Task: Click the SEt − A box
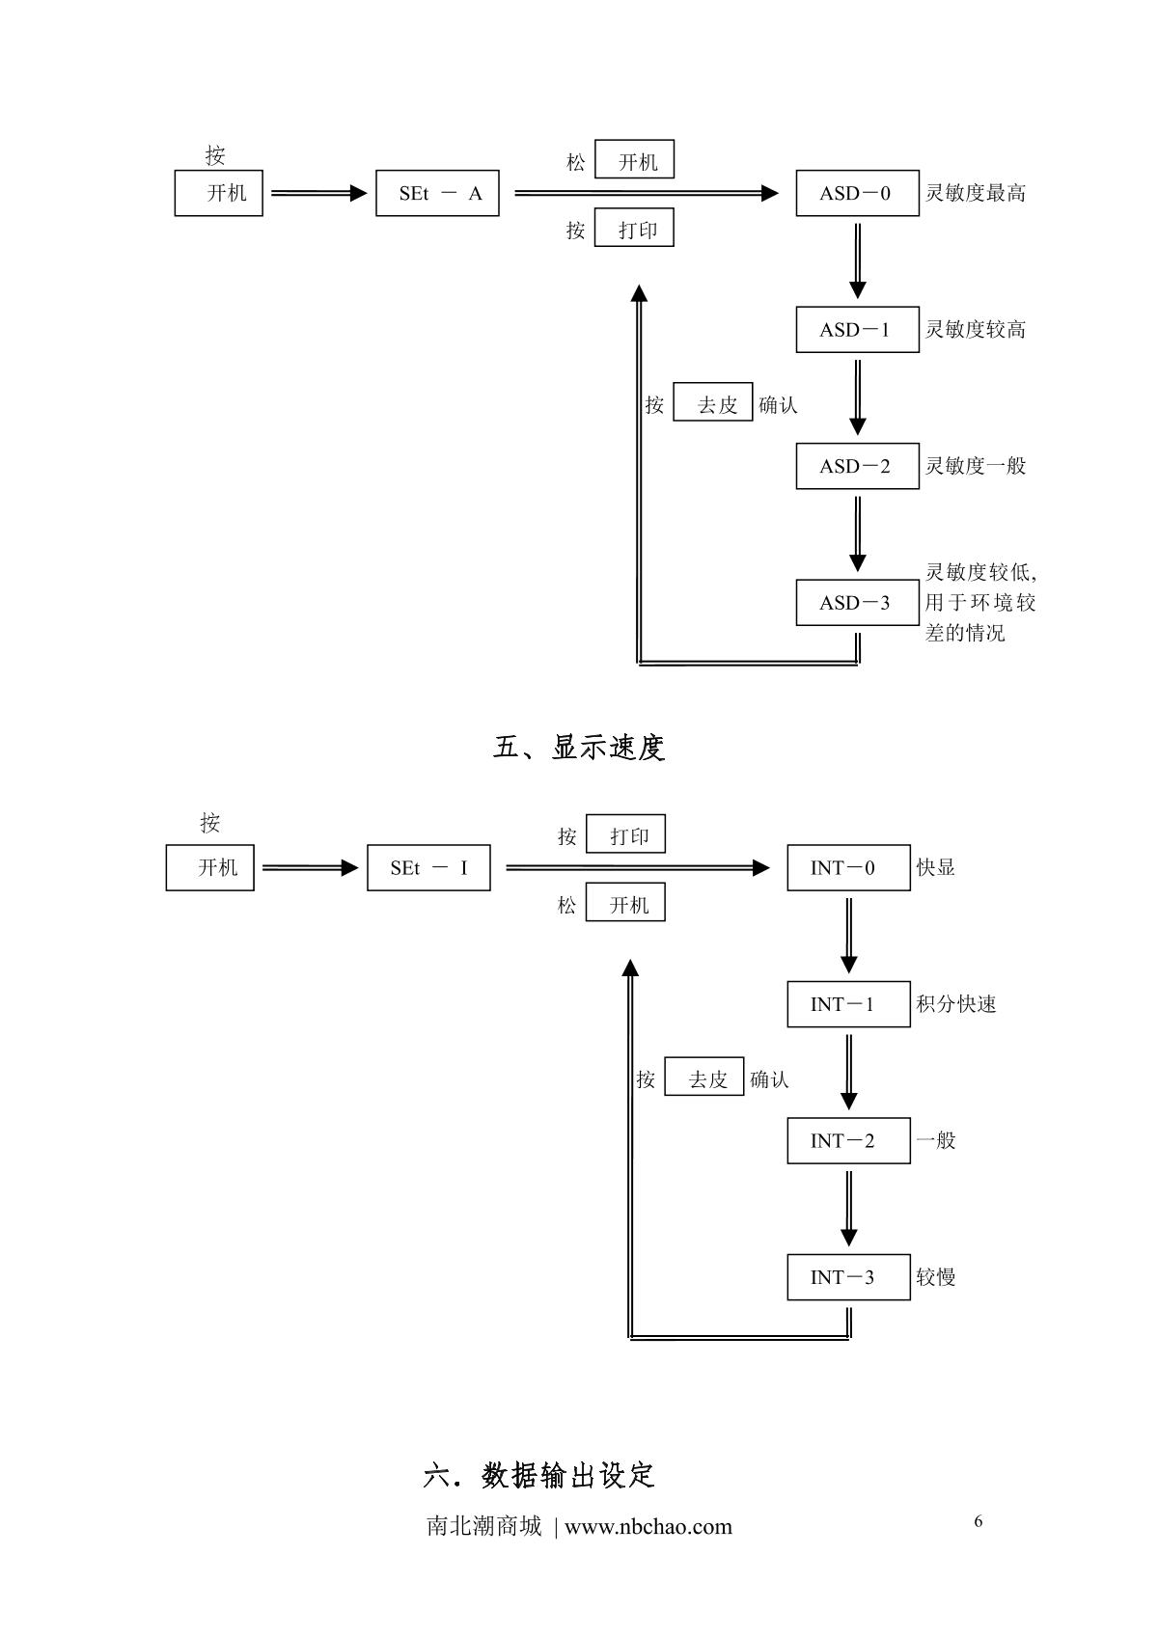pos(437,193)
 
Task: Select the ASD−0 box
pos(857,193)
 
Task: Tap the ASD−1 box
pos(857,330)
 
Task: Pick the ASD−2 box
pos(857,466)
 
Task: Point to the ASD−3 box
pos(857,603)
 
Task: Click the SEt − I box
pos(428,867)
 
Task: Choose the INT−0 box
pos(848,867)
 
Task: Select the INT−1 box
pos(848,1004)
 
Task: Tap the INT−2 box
pos(848,1140)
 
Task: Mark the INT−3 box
pos(848,1277)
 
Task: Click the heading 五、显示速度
pos(579,748)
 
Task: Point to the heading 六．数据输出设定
pos(539,1475)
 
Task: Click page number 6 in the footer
pos(979,1521)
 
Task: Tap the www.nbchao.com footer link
pos(648,1527)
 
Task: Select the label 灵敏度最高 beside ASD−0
pos(976,193)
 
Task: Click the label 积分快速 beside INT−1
pos(956,1004)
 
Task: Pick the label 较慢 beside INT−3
pos(936,1277)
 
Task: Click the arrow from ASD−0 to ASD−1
pos(857,260)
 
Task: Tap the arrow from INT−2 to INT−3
pos(848,1208)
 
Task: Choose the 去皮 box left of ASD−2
pos(712,405)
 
